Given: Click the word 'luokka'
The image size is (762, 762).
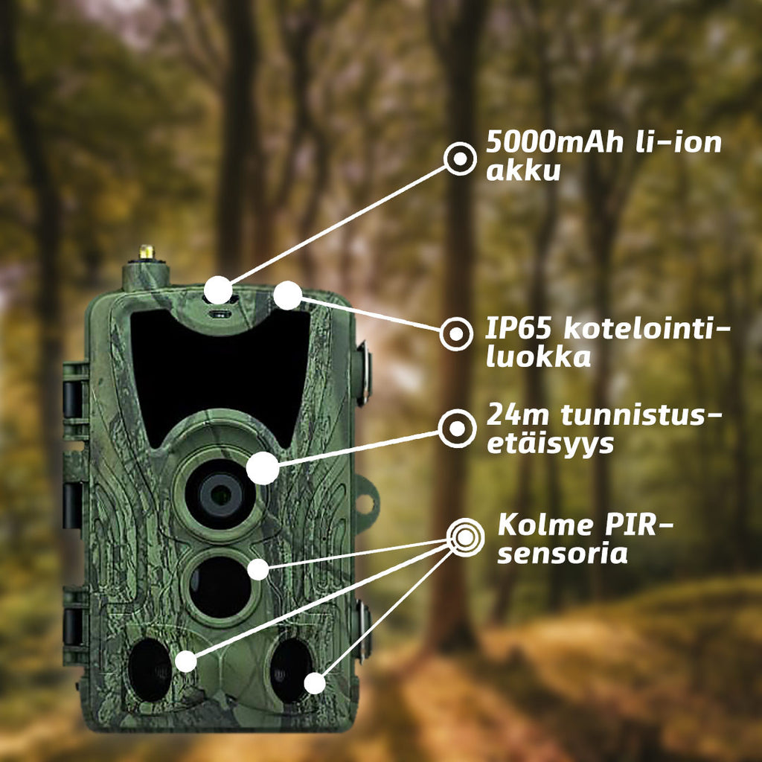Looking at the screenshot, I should (x=538, y=356).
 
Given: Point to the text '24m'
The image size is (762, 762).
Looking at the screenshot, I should (x=512, y=414).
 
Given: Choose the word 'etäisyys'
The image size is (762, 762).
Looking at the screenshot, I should (x=550, y=444).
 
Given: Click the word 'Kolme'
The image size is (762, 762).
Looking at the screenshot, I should (x=538, y=525).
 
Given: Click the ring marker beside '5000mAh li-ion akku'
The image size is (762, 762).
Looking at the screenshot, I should (x=460, y=159).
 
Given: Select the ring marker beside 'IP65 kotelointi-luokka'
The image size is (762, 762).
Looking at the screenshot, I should (x=455, y=333).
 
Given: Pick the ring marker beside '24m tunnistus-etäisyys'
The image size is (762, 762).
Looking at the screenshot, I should (x=456, y=429).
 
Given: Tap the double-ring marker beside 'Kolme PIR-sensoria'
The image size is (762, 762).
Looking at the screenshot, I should (x=465, y=535).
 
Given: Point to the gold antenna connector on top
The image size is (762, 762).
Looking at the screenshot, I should (x=147, y=252).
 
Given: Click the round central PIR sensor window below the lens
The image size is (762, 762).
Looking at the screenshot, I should (x=220, y=586).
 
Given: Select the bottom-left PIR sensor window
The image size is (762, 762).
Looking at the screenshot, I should (x=150, y=669).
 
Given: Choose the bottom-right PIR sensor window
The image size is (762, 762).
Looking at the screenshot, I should (x=290, y=669).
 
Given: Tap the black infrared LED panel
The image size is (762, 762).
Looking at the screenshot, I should (x=220, y=372).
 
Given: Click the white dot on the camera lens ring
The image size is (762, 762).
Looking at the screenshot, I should (x=262, y=469).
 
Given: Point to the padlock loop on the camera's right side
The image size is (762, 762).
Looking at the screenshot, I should (x=365, y=505).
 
